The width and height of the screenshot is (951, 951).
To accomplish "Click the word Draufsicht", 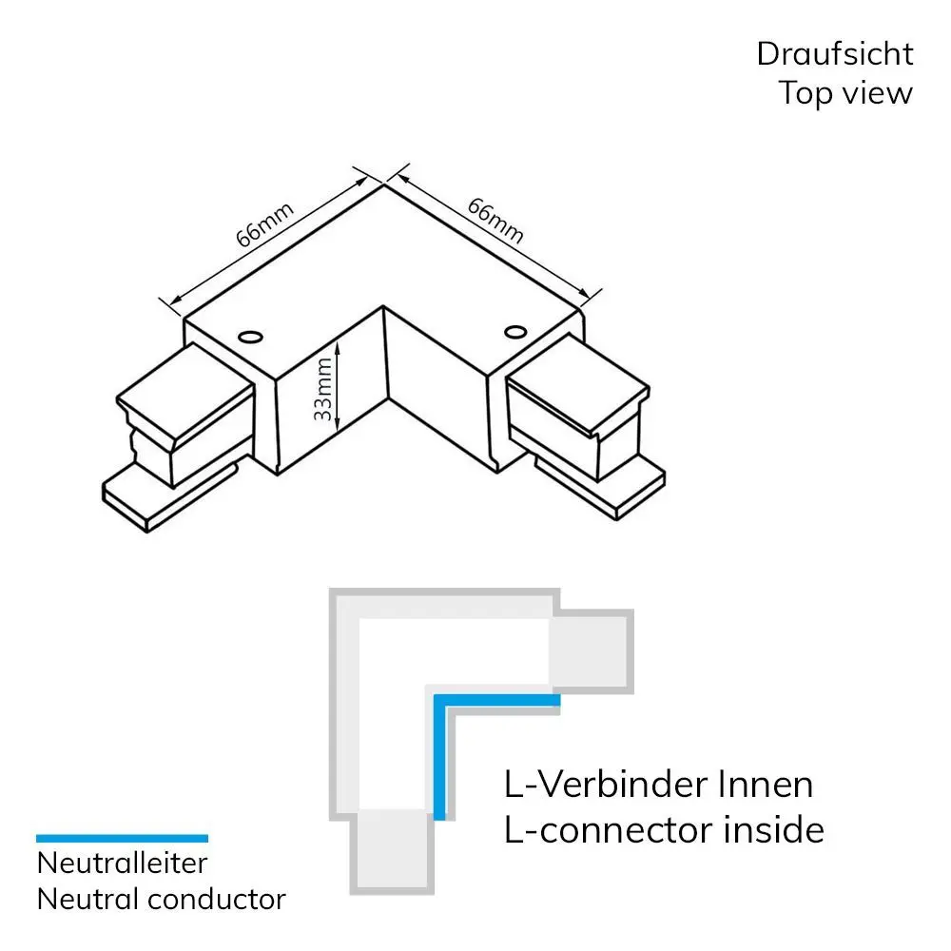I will point(834,54).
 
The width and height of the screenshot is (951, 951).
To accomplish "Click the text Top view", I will point(845,93).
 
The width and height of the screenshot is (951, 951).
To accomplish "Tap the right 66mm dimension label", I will point(495,220).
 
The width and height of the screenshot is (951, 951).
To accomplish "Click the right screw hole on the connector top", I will point(515,331).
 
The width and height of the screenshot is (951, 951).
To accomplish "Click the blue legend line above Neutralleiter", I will point(122,838).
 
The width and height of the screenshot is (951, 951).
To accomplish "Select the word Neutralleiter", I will point(122,864).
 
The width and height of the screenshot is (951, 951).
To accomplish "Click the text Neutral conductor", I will point(161,899).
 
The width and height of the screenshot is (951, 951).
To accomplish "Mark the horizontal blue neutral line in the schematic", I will point(495,700).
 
